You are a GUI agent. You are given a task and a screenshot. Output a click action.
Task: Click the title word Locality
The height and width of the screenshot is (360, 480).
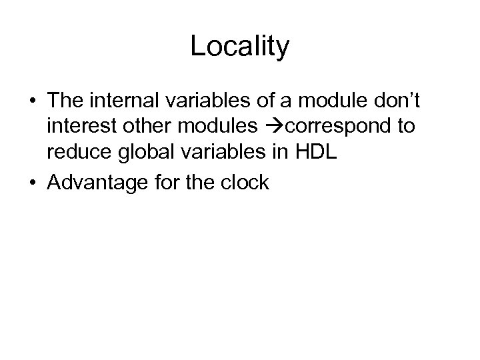pos(239,47)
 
